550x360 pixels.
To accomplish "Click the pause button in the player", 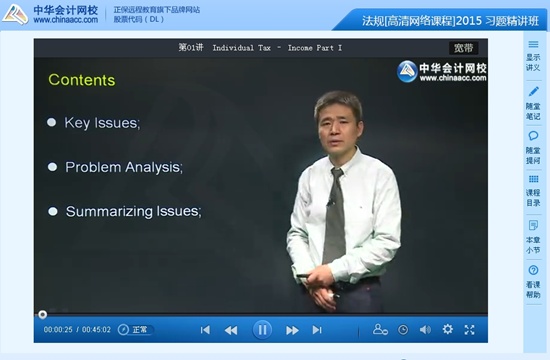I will (262, 329).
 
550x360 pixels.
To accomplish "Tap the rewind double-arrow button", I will (231, 330).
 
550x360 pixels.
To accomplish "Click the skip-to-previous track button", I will (205, 330).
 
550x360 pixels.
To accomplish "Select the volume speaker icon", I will (425, 329).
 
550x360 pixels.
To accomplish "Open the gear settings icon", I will (447, 329).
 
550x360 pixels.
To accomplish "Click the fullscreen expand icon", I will (470, 329).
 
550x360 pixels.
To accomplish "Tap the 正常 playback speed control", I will (133, 330).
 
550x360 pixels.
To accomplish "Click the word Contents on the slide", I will (82, 80).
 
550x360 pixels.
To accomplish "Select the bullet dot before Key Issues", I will (52, 123).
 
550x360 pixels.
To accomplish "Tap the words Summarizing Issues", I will (133, 211).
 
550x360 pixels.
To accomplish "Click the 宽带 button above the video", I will (463, 47).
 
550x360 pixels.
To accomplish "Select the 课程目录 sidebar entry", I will (533, 189).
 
